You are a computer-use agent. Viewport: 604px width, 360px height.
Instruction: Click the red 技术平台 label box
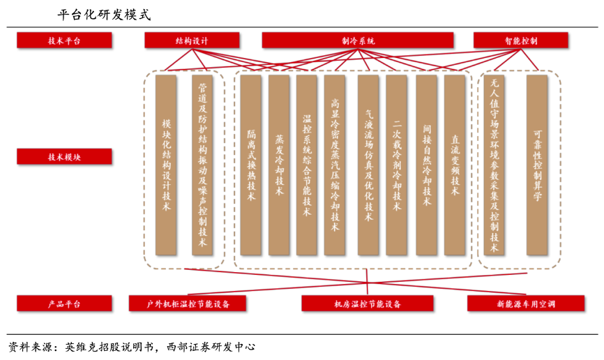click(x=64, y=40)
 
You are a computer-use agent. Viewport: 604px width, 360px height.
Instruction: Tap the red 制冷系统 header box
click(x=358, y=40)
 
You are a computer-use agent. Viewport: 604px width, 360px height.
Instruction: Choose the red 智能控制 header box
click(x=521, y=40)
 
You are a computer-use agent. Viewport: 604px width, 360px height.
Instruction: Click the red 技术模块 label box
click(x=64, y=157)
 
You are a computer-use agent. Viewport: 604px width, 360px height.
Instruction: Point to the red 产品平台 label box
click(x=64, y=303)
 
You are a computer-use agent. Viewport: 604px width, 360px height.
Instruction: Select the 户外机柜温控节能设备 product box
click(x=188, y=303)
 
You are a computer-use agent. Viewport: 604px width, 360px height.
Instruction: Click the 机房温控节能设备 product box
click(x=367, y=303)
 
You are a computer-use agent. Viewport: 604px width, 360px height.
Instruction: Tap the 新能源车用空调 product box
click(x=516, y=303)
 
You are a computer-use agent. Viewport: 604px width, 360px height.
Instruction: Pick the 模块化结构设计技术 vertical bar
click(x=166, y=165)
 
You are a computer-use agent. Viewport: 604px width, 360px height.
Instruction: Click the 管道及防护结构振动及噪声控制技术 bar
click(x=202, y=165)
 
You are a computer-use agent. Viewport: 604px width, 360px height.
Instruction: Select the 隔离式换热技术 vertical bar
click(x=251, y=165)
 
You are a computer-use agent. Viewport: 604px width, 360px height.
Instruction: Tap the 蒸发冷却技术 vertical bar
click(x=279, y=165)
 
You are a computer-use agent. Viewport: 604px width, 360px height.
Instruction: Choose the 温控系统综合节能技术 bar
click(x=307, y=165)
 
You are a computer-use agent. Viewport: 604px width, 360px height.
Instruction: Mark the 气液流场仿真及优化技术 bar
click(x=368, y=165)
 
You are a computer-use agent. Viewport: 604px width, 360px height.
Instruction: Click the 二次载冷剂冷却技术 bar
click(x=396, y=165)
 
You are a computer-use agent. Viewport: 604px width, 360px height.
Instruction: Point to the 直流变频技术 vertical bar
click(x=455, y=165)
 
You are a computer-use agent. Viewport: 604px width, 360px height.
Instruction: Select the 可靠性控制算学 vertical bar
click(x=537, y=165)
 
